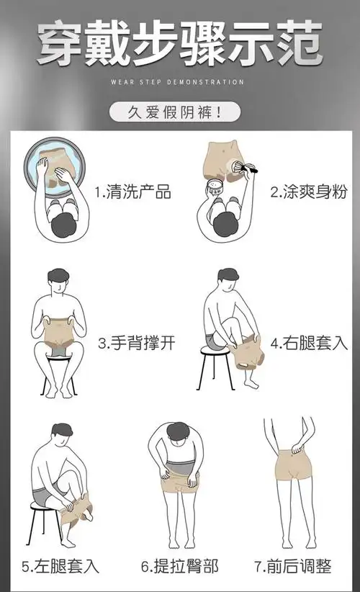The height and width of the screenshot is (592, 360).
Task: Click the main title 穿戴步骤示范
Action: (x=179, y=42)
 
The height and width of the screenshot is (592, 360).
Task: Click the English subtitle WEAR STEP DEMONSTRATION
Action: (x=179, y=82)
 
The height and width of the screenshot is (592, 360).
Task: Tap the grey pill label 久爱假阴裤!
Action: (x=176, y=112)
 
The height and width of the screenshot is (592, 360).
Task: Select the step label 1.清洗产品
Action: (x=132, y=192)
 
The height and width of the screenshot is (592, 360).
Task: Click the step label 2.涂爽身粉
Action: (x=308, y=192)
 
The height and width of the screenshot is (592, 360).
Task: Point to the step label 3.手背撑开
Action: (x=132, y=343)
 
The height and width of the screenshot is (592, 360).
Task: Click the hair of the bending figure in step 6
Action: (x=178, y=429)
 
